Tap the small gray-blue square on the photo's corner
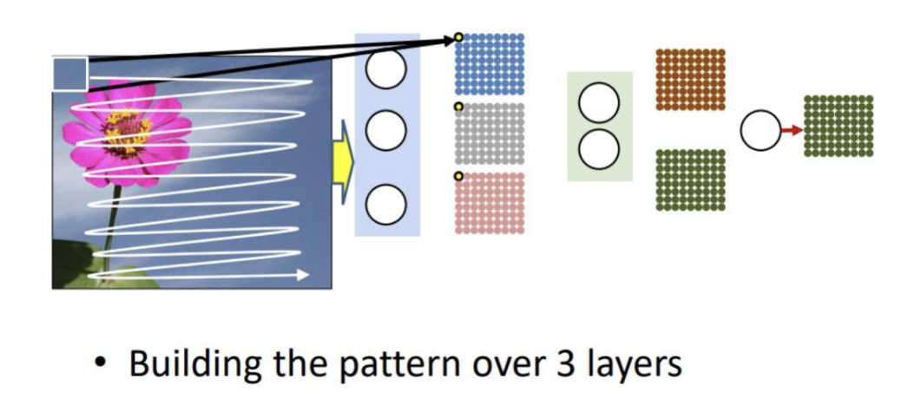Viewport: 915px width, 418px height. tap(69, 74)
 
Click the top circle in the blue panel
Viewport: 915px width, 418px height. tap(385, 69)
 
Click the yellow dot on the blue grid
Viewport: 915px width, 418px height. tap(458, 37)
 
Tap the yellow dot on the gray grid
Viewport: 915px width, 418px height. tap(458, 107)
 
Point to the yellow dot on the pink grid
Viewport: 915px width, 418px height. tap(458, 176)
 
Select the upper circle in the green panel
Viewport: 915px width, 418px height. tap(599, 102)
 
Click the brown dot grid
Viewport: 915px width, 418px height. tap(690, 80)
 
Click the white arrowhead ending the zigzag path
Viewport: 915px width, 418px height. tap(302, 275)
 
